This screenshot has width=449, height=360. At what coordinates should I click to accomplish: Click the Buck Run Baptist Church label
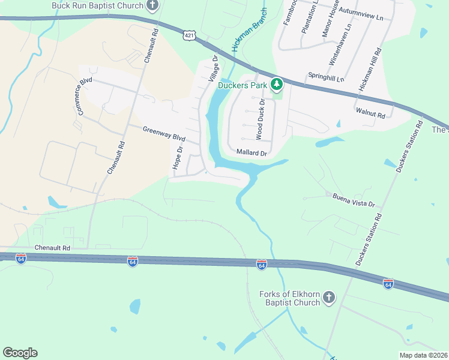98,6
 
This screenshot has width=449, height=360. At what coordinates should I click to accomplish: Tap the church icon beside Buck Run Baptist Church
153,6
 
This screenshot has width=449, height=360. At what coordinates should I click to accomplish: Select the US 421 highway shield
190,36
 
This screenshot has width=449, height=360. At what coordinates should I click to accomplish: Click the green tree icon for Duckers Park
277,85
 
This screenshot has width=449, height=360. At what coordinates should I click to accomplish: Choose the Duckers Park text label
244,85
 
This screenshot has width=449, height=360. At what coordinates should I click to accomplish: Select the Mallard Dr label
252,153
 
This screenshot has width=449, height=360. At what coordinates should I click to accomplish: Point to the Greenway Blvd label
164,133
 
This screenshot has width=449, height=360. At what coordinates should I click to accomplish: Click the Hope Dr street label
177,157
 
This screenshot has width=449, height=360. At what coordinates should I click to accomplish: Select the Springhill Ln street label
326,78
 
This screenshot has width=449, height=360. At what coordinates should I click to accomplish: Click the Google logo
20,353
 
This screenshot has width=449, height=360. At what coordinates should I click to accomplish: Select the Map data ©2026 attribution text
423,355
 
